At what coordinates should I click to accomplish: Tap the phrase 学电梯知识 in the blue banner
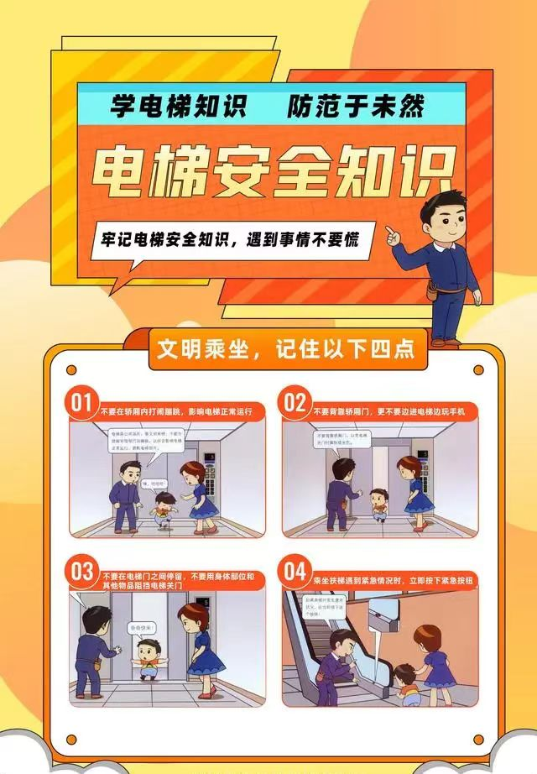coord(177,107)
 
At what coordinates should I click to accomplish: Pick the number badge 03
coord(82,573)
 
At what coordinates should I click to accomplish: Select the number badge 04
coord(295,573)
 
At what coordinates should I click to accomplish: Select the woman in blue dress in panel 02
coord(413,490)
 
